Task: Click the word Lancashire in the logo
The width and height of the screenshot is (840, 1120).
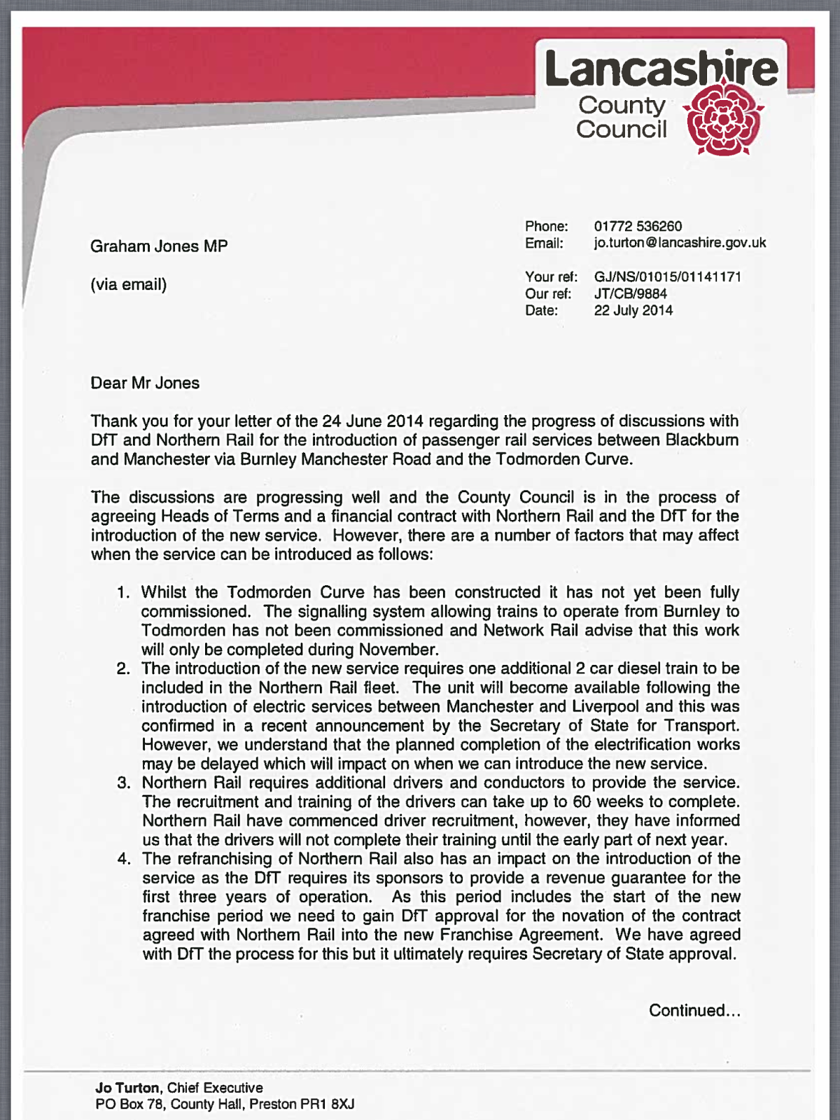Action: pyautogui.click(x=661, y=69)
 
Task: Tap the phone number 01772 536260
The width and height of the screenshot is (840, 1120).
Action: pyautogui.click(x=638, y=226)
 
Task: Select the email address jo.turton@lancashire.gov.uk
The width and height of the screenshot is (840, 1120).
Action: pyautogui.click(x=680, y=243)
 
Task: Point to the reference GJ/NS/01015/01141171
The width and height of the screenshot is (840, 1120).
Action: pyautogui.click(x=667, y=276)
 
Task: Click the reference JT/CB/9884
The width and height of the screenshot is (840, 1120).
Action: pyautogui.click(x=630, y=293)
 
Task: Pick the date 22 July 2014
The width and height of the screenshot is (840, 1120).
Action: pyautogui.click(x=633, y=310)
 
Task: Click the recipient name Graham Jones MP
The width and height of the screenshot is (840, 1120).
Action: pyautogui.click(x=159, y=246)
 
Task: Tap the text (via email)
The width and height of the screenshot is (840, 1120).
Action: pyautogui.click(x=129, y=284)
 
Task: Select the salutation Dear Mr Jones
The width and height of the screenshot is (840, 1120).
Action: pyautogui.click(x=145, y=383)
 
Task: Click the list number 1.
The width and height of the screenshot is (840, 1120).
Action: pyautogui.click(x=123, y=593)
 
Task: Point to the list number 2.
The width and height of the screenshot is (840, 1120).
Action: pyautogui.click(x=123, y=668)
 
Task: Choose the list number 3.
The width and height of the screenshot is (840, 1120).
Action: pyautogui.click(x=124, y=783)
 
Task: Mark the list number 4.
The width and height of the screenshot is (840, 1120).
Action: pyautogui.click(x=124, y=859)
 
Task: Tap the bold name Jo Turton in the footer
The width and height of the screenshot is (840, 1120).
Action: pyautogui.click(x=127, y=1088)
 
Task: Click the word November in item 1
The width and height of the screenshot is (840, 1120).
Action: pyautogui.click(x=397, y=650)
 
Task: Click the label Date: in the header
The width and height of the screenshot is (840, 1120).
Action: pyautogui.click(x=542, y=310)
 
